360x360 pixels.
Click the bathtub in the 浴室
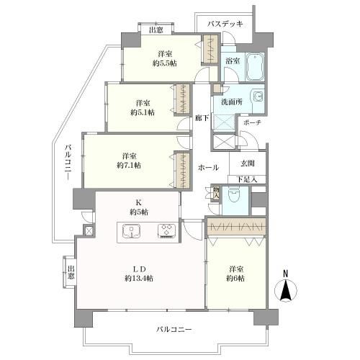255,67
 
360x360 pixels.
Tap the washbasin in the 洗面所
258,98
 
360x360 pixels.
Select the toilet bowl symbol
235,193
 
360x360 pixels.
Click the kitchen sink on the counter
131,231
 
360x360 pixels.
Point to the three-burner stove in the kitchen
167,231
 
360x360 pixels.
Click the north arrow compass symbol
286,287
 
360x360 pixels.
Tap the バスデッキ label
225,24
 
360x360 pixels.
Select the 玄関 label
248,163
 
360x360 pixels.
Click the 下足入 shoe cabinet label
247,179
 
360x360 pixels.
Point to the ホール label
208,168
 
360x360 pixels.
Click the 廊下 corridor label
202,118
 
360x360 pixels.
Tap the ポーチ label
252,123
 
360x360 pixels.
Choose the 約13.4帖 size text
139,279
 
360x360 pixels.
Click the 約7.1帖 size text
129,166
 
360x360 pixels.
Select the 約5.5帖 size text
165,63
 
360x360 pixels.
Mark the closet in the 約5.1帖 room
183,99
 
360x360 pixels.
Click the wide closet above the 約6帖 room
236,227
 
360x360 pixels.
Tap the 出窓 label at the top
156,30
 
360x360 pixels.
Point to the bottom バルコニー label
174,329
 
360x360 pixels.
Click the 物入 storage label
216,193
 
